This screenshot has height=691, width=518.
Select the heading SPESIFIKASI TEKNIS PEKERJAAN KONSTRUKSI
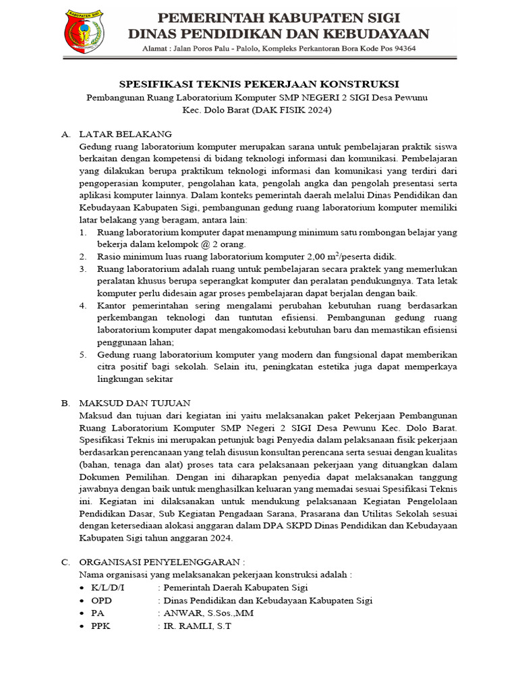pyautogui.click(x=259, y=84)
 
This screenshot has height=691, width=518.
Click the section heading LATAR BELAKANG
pyautogui.click(x=125, y=134)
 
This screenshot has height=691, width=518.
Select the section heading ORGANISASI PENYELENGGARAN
pyautogui.click(x=162, y=561)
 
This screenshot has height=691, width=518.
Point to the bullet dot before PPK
pyautogui.click(x=82, y=626)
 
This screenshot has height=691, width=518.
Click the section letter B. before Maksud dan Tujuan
pyautogui.click(x=65, y=403)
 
